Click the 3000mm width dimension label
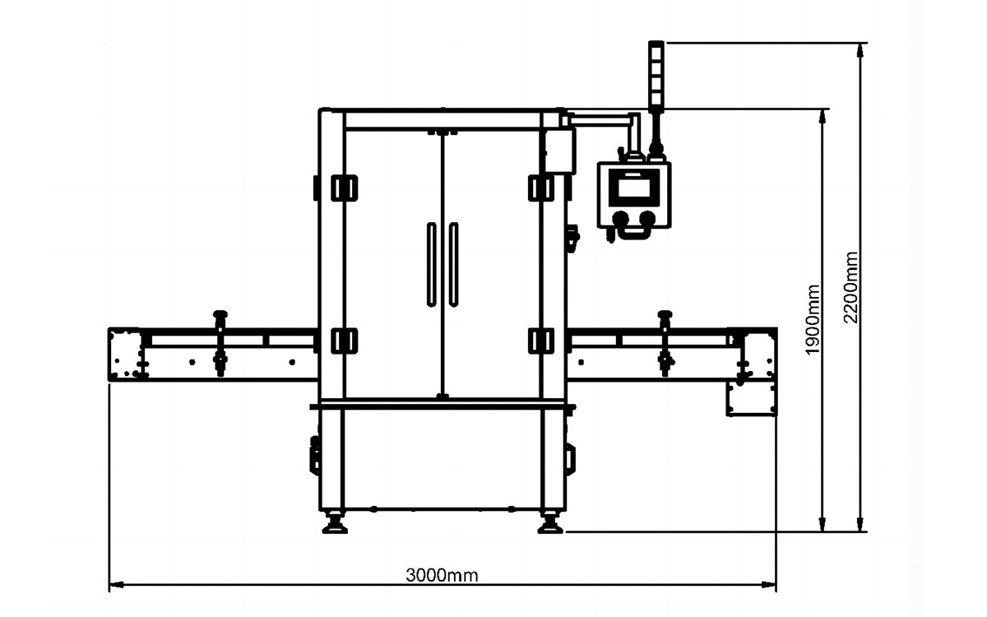442,575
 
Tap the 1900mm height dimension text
813,319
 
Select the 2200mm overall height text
850,287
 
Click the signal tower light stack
656,75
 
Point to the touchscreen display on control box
634,188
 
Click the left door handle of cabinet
431,264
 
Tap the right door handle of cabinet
453,264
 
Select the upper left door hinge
344,188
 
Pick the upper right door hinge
541,188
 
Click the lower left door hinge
344,341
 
